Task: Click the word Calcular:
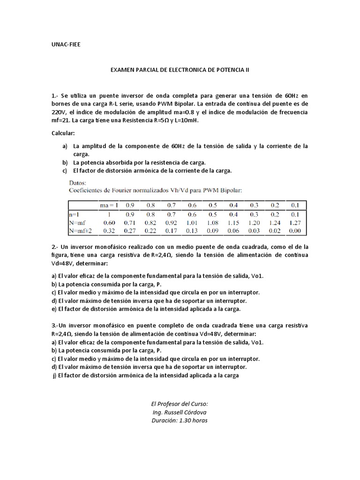pos(63,134)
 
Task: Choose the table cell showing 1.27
pos(295,222)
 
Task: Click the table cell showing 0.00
pos(295,230)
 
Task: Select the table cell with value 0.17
pos(170,230)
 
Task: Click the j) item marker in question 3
pos(54,375)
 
